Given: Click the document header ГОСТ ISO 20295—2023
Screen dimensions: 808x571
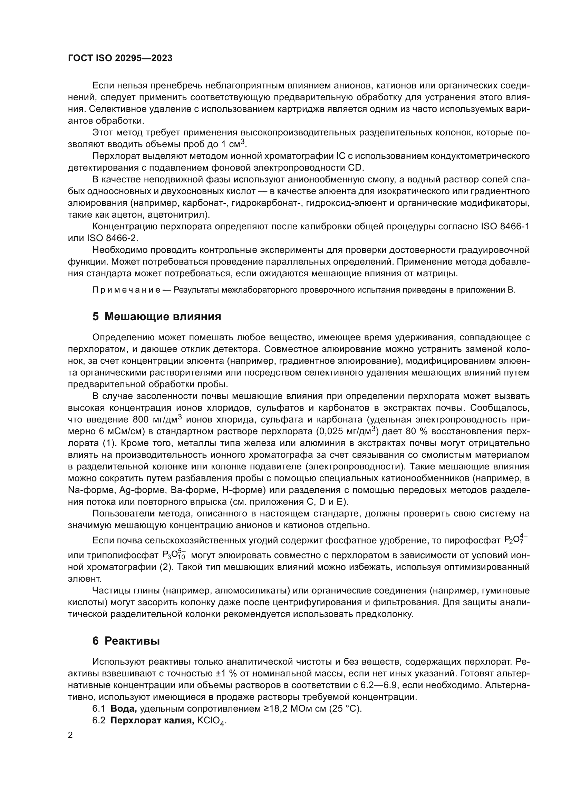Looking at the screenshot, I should click(120, 58).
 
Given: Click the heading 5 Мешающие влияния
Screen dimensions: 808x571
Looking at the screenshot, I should click(157, 317).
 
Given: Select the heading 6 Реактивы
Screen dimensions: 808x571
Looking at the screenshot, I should click(126, 641).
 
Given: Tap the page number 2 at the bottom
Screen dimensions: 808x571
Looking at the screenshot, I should click(70, 735).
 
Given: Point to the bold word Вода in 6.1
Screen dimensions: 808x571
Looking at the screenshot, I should click(123, 709).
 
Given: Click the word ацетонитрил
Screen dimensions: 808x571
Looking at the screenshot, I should click(177, 215).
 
